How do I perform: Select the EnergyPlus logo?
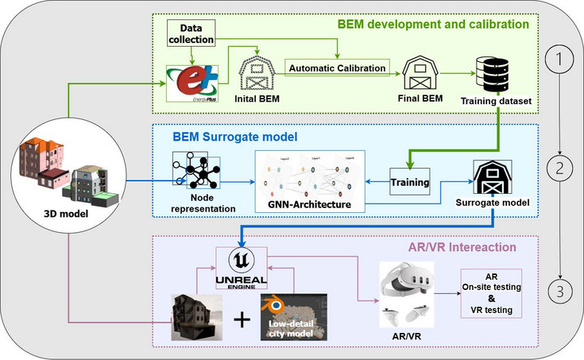190,83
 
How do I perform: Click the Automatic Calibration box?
338,68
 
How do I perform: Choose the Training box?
409,182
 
